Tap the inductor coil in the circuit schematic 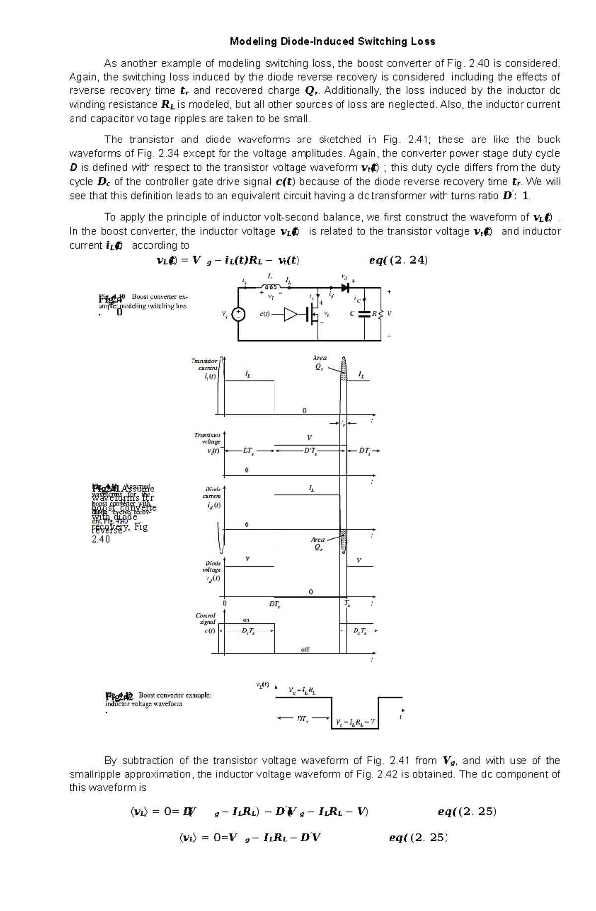coord(270,287)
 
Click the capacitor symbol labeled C coord(365,314)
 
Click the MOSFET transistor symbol coord(313,315)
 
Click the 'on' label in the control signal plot coord(246,620)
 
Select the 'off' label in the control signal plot coord(305,649)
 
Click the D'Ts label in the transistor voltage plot coord(310,451)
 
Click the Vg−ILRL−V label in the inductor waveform coord(355,722)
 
